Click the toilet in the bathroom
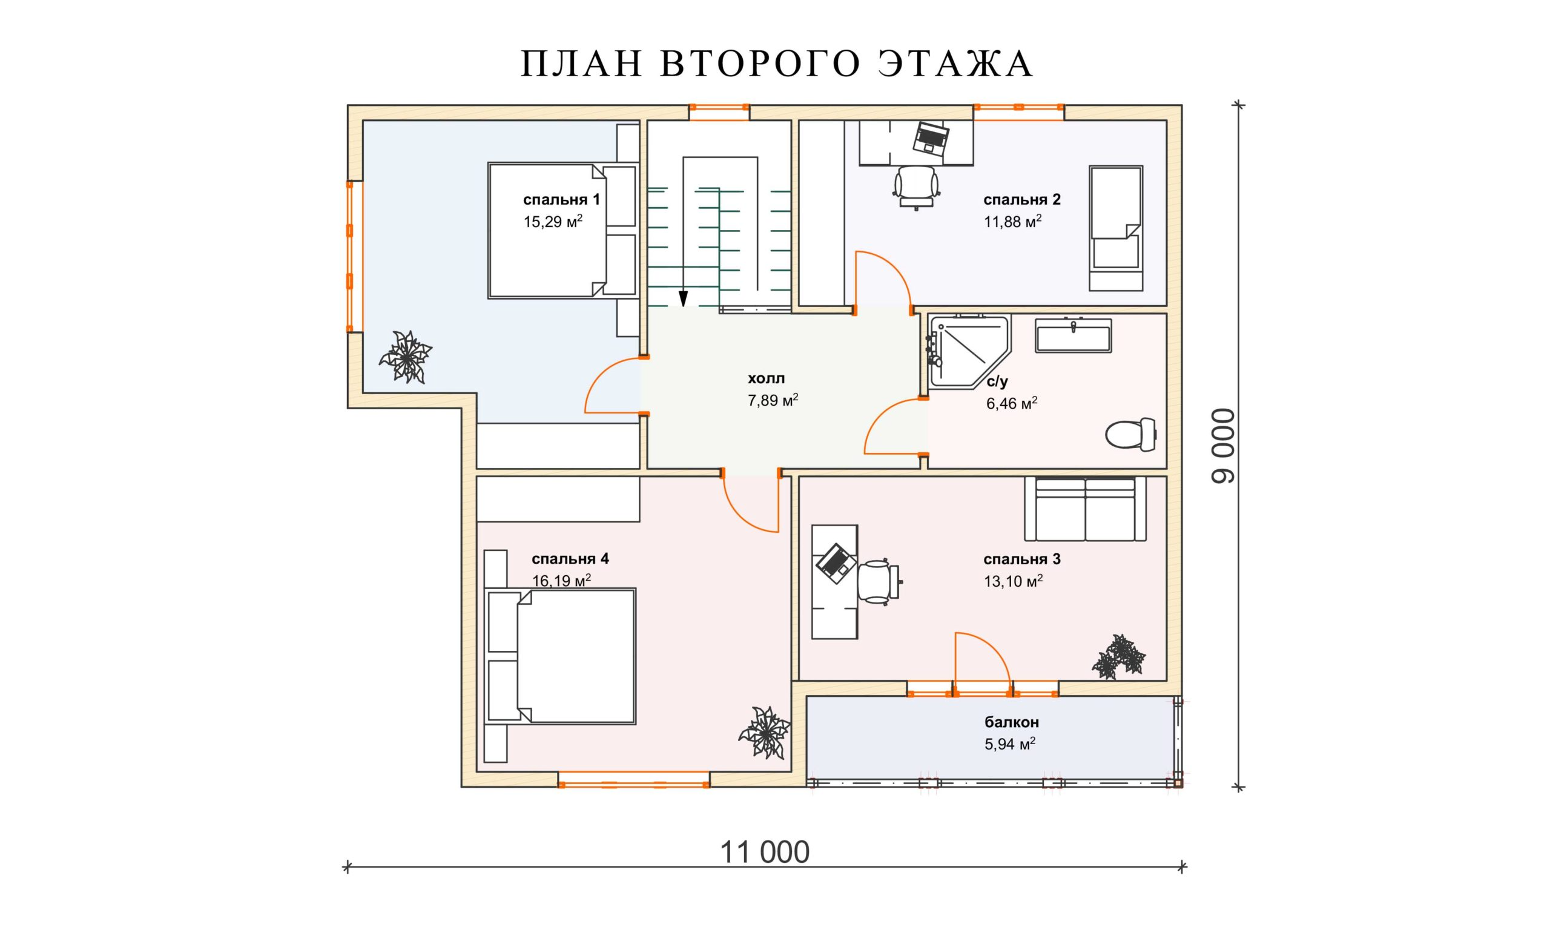(1131, 434)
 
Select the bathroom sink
(1073, 335)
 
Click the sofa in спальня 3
(1085, 509)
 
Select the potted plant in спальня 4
(763, 733)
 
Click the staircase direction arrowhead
(684, 299)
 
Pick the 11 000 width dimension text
(764, 852)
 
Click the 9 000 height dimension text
(1223, 446)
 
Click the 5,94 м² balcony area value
(1009, 744)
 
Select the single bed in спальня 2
(1116, 228)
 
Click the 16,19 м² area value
(561, 580)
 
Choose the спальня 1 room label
(561, 199)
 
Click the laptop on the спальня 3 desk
(835, 562)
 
